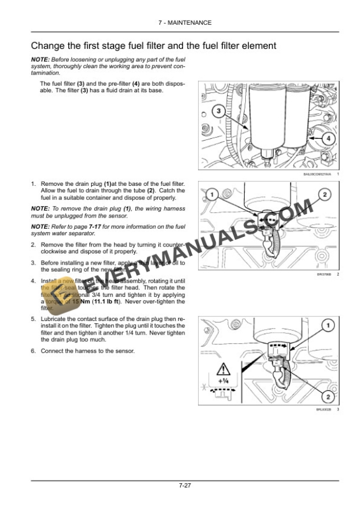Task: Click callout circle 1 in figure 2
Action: (x=213, y=195)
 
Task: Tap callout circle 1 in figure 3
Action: (x=329, y=325)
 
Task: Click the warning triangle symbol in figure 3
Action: (x=224, y=370)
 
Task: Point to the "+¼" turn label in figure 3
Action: (x=224, y=380)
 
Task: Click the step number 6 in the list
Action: (x=32, y=351)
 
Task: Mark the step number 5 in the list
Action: (x=32, y=318)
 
